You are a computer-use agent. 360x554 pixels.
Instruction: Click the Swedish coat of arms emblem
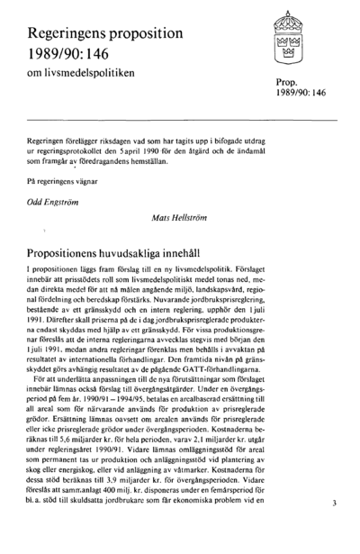click(289, 42)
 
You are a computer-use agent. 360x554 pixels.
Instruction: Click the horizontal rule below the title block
click(180, 119)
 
